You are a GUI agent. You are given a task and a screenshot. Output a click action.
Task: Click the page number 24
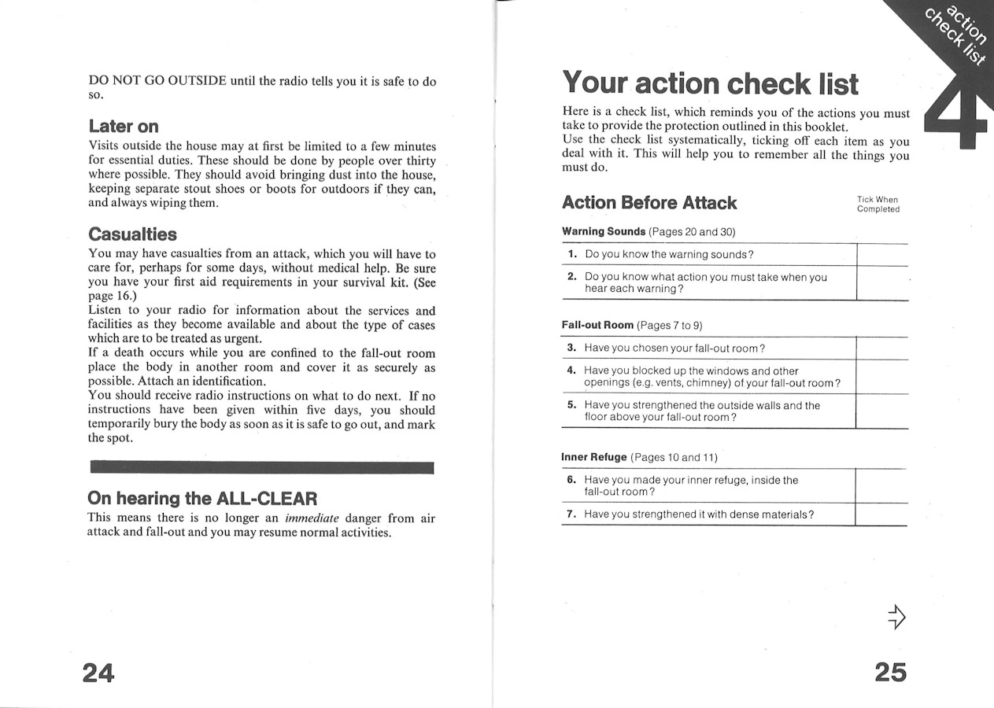pyautogui.click(x=98, y=673)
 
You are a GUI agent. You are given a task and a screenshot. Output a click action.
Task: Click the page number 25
pyautogui.click(x=890, y=672)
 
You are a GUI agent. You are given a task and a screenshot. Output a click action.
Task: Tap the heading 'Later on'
pyautogui.click(x=124, y=127)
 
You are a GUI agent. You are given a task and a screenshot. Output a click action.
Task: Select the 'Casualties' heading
pyautogui.click(x=132, y=234)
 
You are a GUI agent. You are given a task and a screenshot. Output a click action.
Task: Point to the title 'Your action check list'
pyautogui.click(x=710, y=84)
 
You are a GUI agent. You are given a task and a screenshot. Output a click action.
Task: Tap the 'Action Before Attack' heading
pyautogui.click(x=649, y=203)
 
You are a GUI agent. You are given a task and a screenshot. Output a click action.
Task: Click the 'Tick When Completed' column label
pyautogui.click(x=878, y=205)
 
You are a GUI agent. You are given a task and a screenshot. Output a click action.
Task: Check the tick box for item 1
pyautogui.click(x=881, y=255)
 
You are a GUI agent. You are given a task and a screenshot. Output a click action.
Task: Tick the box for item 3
pyautogui.click(x=881, y=348)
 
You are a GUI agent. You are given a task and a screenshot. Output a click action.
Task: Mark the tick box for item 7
pyautogui.click(x=881, y=514)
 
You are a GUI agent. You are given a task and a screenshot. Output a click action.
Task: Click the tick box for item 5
pyautogui.click(x=881, y=411)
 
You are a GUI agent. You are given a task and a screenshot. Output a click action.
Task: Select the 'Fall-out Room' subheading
pyautogui.click(x=597, y=325)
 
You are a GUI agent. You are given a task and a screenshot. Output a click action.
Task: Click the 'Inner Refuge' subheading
pyautogui.click(x=594, y=457)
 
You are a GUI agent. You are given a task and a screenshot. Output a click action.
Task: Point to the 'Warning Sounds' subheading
pyautogui.click(x=604, y=232)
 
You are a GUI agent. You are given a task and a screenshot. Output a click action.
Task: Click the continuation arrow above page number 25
pyautogui.click(x=896, y=618)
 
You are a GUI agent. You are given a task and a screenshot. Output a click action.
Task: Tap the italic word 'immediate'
pyautogui.click(x=312, y=518)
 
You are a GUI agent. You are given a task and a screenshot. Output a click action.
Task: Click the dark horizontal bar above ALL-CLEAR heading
pyautogui.click(x=262, y=469)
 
